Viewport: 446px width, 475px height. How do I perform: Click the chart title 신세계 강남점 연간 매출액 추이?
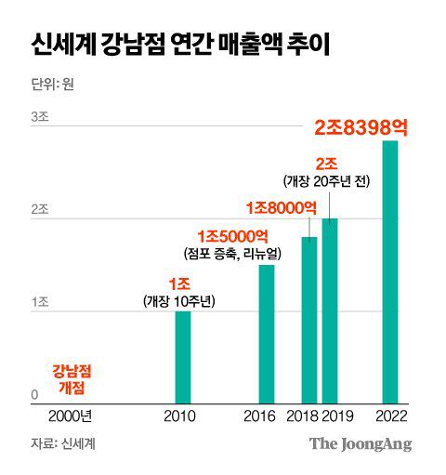(x=178, y=43)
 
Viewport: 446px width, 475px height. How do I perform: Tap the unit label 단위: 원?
(x=53, y=85)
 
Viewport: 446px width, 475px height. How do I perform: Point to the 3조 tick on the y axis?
(x=40, y=117)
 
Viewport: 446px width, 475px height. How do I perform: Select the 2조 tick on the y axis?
(x=40, y=210)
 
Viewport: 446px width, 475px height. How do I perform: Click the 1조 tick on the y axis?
(x=40, y=303)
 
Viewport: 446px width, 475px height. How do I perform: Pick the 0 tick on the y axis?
(x=34, y=395)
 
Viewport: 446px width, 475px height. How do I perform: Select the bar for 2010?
(x=183, y=358)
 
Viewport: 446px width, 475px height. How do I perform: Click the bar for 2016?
(x=267, y=335)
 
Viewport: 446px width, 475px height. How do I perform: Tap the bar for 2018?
(x=309, y=321)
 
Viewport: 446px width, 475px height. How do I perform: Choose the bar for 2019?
(x=330, y=311)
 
